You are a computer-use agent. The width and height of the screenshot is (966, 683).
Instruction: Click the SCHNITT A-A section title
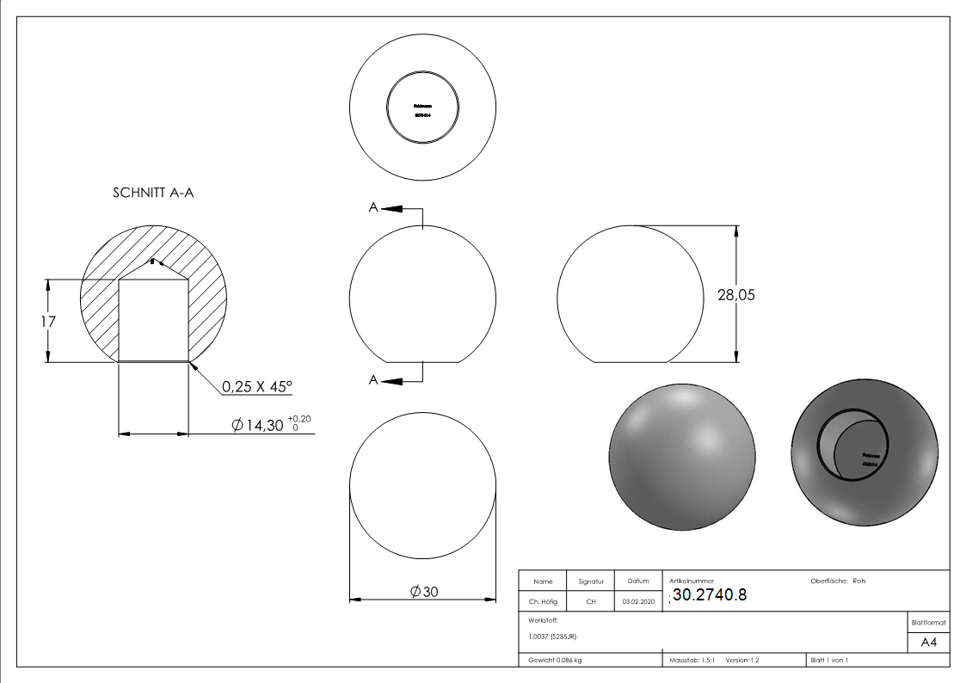point(153,194)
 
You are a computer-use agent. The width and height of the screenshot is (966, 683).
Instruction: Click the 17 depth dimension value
point(48,321)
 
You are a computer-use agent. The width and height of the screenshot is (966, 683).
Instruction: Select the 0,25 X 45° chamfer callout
point(257,387)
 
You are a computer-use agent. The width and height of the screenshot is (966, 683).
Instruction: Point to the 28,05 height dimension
point(735,295)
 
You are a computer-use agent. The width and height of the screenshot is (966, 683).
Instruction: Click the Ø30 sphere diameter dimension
point(424,592)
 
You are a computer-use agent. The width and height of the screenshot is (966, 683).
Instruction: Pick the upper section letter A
point(372,208)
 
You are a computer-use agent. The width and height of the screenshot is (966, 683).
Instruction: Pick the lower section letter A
point(372,380)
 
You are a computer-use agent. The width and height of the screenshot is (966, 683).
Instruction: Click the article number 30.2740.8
point(713,596)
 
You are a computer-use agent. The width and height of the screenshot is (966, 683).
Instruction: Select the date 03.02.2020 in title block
point(637,602)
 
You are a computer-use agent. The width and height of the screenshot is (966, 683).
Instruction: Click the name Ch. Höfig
point(544,602)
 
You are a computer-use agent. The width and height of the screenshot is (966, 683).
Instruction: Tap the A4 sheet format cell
point(929,643)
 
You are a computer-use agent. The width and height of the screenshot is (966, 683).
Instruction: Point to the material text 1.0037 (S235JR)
point(552,637)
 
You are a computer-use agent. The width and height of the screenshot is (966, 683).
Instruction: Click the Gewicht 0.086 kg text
point(555,660)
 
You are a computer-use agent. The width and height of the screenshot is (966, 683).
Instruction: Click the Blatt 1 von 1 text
point(829,660)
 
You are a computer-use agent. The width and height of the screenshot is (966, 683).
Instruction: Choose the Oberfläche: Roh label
point(838,581)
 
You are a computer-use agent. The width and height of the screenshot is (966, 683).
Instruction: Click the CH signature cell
point(591,602)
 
